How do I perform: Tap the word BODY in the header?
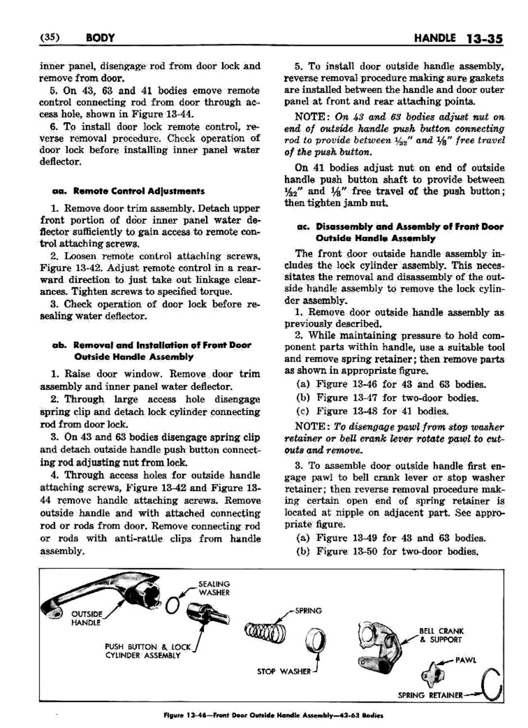click(99, 38)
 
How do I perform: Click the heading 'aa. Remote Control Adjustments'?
click(128, 191)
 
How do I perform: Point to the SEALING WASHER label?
click(214, 588)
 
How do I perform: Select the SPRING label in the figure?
click(308, 611)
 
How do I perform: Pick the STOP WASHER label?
click(283, 672)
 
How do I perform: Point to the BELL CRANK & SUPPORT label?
click(441, 635)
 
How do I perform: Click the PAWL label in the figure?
click(465, 660)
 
